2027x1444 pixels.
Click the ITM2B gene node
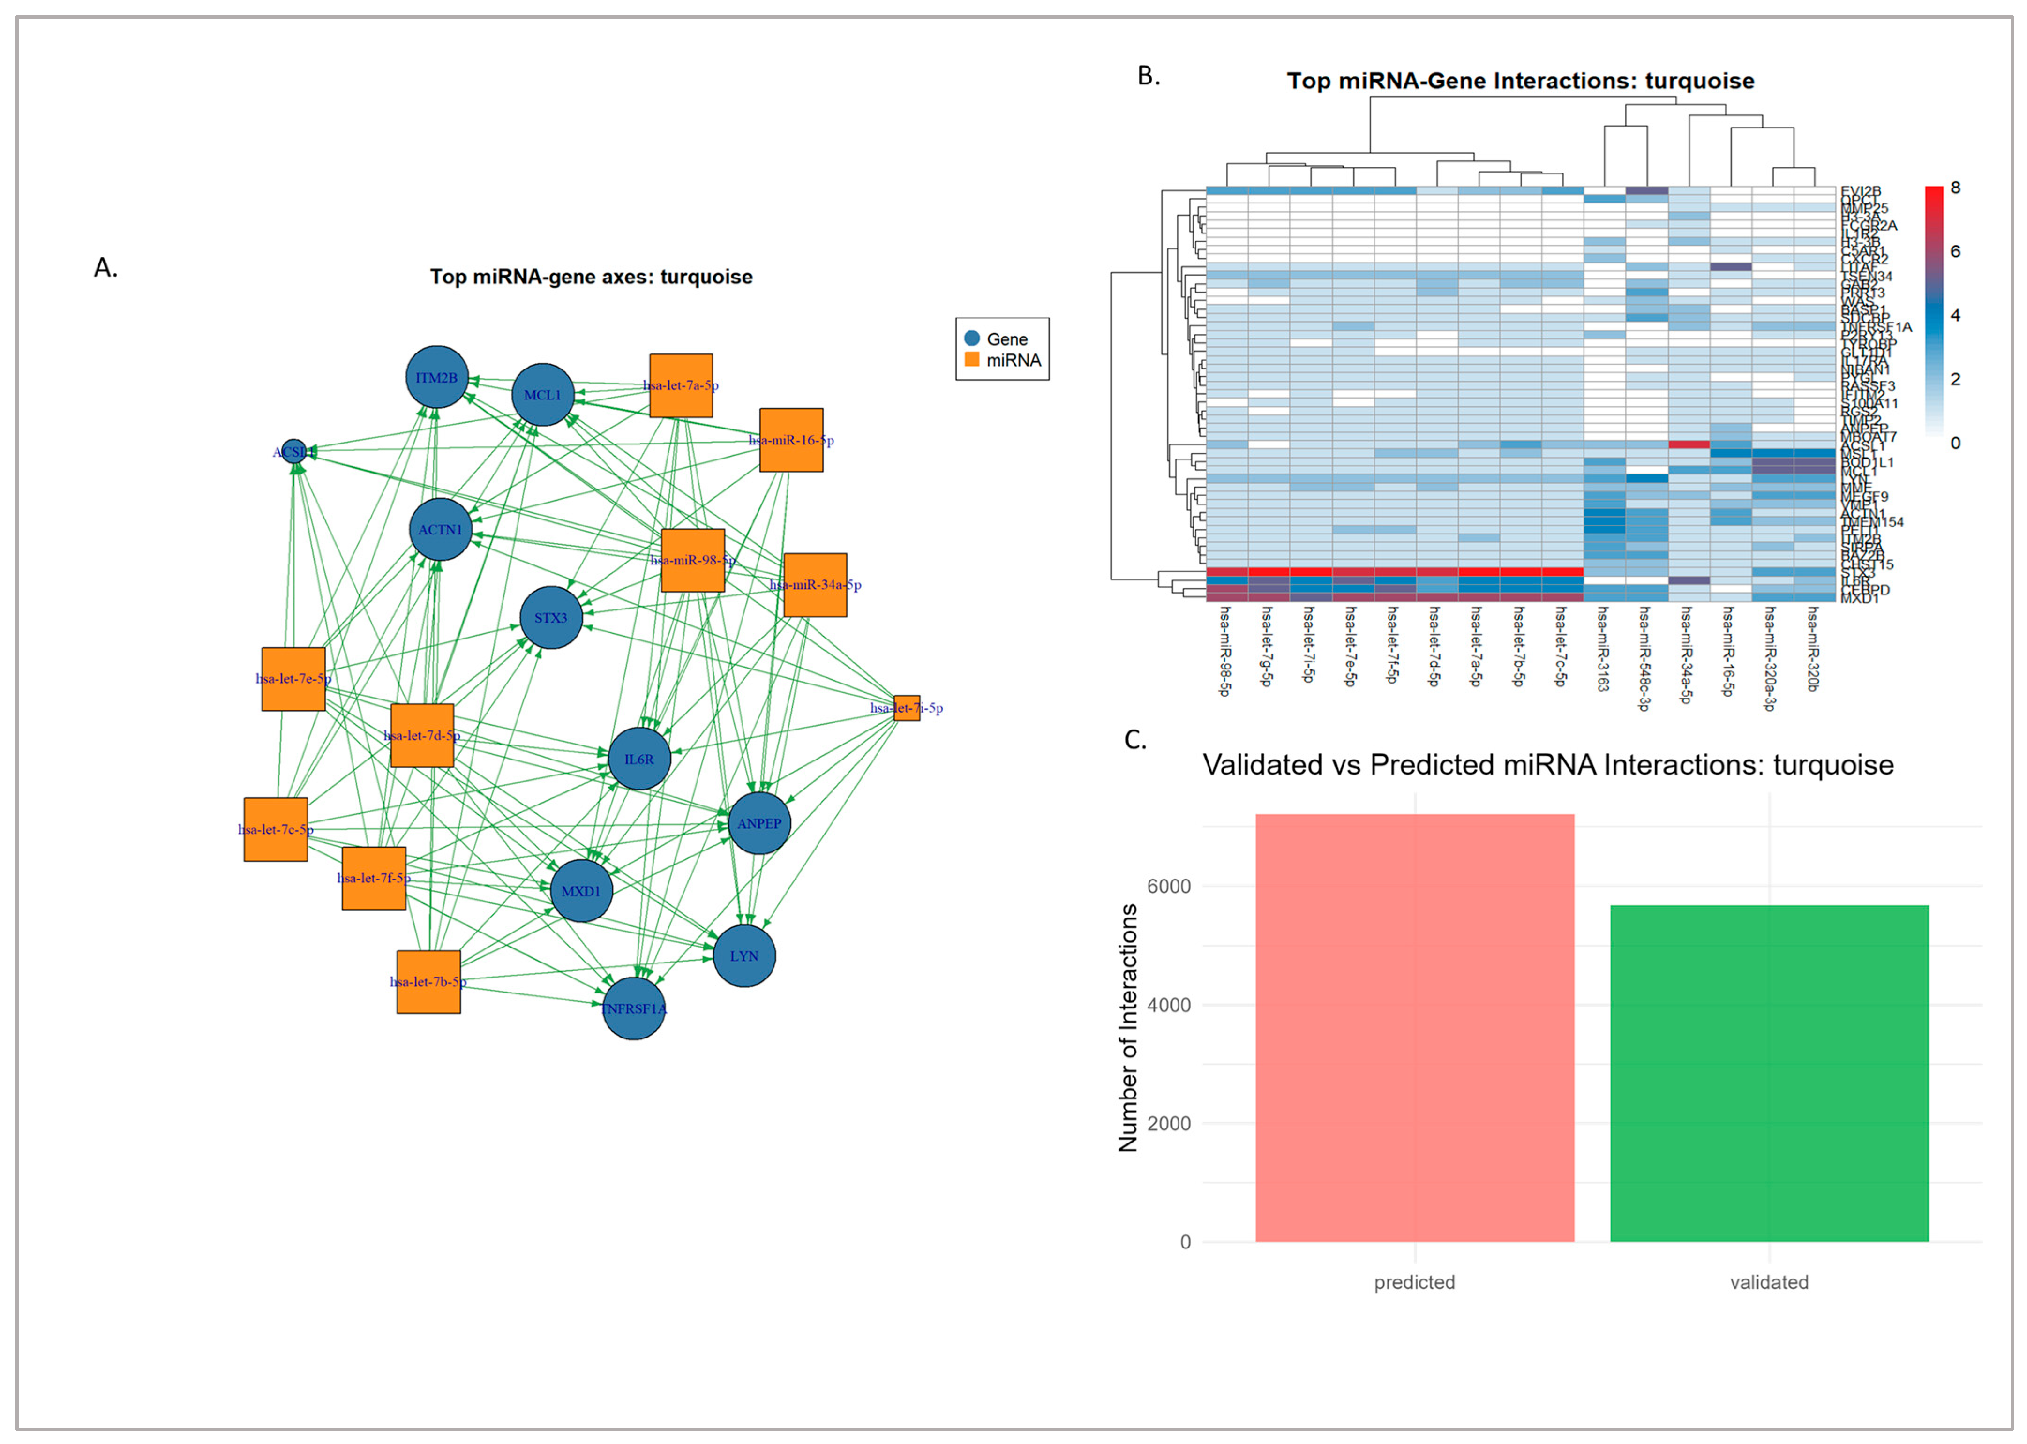[436, 377]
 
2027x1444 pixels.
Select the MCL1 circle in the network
[542, 395]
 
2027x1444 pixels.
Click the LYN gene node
[744, 956]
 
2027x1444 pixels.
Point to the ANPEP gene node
[759, 823]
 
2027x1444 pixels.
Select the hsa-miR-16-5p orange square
[791, 440]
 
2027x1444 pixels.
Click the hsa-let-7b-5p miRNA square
[428, 982]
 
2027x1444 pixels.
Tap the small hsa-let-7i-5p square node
[907, 708]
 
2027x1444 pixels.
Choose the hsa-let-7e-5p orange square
[293, 678]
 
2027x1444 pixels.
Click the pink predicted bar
[1414, 1027]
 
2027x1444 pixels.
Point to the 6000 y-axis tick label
[1168, 887]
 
